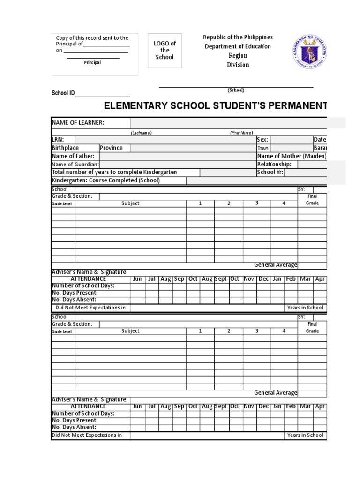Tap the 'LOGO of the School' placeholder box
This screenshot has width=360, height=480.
click(x=165, y=51)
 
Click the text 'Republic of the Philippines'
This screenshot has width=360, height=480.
click(x=238, y=37)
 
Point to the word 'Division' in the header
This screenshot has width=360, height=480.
click(x=238, y=65)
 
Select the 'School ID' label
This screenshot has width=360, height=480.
click(x=63, y=93)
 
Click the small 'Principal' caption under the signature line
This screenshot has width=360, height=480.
click(x=92, y=63)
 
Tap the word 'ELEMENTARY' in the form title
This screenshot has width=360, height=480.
click(x=136, y=106)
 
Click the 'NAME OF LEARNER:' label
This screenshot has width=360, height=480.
click(x=78, y=123)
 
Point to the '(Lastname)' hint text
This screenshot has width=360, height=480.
click(x=142, y=133)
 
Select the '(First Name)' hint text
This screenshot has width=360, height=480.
click(x=241, y=133)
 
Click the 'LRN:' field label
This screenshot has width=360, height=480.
click(x=58, y=140)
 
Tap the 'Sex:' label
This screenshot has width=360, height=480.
click(x=262, y=140)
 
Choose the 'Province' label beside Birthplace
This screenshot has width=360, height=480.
click(x=111, y=148)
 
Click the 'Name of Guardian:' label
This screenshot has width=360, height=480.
click(x=75, y=164)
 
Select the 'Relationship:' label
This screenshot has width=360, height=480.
click(x=274, y=164)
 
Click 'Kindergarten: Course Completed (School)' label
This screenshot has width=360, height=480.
click(x=105, y=180)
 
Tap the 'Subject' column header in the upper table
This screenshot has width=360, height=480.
click(x=130, y=203)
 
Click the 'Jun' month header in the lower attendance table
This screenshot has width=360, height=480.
click(x=137, y=406)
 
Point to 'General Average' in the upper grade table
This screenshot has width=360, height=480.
click(x=276, y=265)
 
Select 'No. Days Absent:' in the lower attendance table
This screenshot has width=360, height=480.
click(x=74, y=427)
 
